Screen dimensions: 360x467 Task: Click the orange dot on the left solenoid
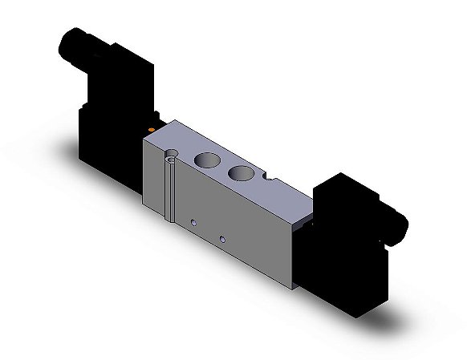(x=150, y=127)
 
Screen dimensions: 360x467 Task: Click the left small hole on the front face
(x=193, y=219)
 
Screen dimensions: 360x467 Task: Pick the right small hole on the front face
(x=222, y=238)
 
